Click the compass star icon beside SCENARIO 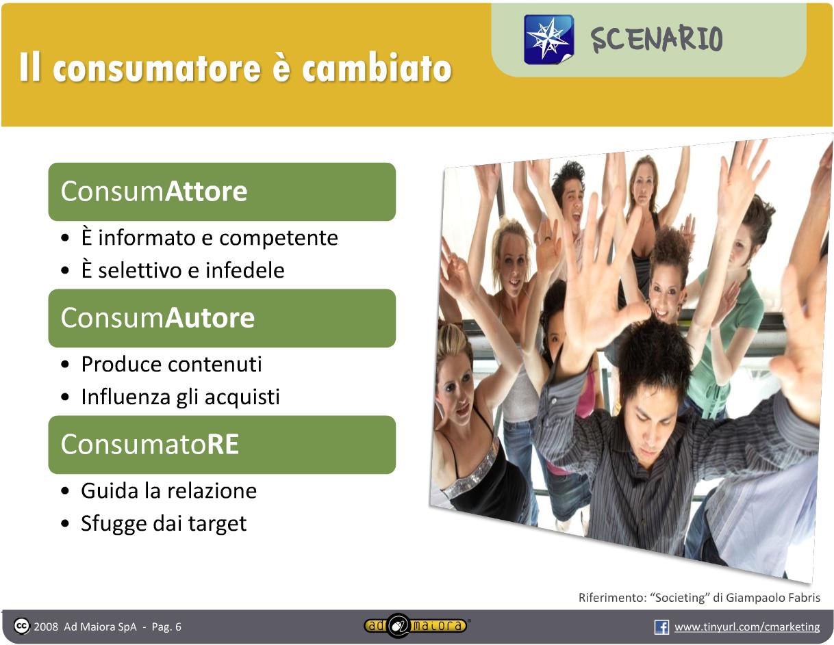click(x=549, y=40)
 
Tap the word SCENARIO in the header click(x=657, y=39)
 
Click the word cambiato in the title click(x=377, y=68)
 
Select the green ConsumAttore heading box click(x=222, y=192)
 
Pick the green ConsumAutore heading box click(x=222, y=318)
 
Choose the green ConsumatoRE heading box click(x=222, y=445)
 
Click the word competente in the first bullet click(x=279, y=239)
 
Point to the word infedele click(x=245, y=270)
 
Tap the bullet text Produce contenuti click(x=172, y=364)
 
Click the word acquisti click(x=242, y=397)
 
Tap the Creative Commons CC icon click(x=21, y=627)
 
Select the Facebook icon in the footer click(x=661, y=627)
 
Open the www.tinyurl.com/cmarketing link click(x=747, y=627)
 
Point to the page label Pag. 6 click(x=166, y=627)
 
